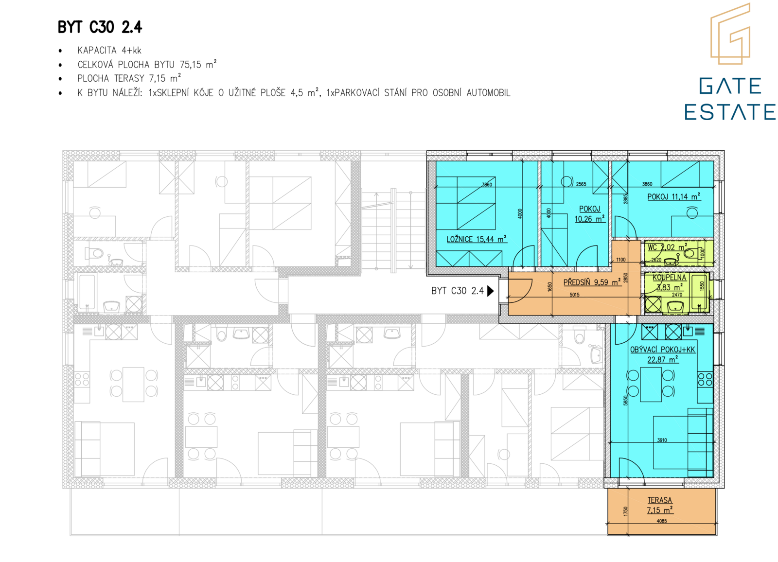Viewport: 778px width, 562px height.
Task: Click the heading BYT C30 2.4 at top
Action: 100,27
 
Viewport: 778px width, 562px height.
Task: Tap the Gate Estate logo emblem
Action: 730,34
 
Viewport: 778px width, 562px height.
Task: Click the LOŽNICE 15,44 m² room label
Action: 477,239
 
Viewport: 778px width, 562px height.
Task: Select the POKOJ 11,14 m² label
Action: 674,196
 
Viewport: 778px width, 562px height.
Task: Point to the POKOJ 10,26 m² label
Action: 590,214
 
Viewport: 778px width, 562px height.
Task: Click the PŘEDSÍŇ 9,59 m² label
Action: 592,282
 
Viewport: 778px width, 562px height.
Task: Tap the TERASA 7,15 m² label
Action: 660,506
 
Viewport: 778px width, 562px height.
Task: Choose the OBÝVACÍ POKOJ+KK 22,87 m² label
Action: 663,354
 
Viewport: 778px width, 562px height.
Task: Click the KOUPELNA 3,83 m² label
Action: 669,282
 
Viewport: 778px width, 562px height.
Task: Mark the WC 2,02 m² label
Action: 667,247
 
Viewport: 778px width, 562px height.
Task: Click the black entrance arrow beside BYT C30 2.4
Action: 491,291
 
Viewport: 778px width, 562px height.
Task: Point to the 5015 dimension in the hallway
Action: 574,295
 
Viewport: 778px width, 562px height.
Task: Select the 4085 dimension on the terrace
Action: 662,521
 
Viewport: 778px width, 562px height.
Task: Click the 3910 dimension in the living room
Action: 662,440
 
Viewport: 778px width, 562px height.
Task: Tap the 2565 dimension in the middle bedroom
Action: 581,184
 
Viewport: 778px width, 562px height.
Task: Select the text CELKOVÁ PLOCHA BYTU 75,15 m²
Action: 147,64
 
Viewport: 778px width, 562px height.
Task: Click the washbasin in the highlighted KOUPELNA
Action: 675,307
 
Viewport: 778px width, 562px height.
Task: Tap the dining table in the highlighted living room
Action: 651,385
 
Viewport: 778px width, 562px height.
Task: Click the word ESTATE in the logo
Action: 729,111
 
